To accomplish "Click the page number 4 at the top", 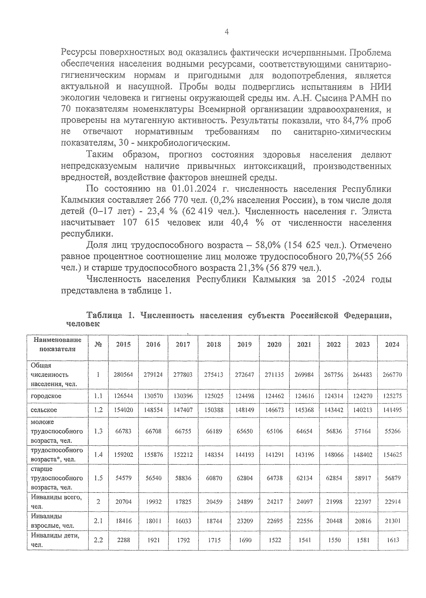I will pos(226,32).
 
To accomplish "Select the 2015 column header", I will pos(123,344).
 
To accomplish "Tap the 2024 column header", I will pos(392,344).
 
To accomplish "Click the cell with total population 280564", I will pos(123,374).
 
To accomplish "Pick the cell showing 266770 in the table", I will pos(392,374).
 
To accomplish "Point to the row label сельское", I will pos(44,410).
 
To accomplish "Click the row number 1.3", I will pos(98,431).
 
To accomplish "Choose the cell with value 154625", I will pos(392,454).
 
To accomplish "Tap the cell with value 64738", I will pos(274,478).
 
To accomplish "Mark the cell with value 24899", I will pos(244,501).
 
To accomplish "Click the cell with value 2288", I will pos(123,540).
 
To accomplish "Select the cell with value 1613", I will pos(392,540).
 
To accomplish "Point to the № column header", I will pos(98,344).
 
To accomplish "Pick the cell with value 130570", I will pos(153,396).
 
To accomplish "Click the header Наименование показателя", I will pos(57,344).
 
